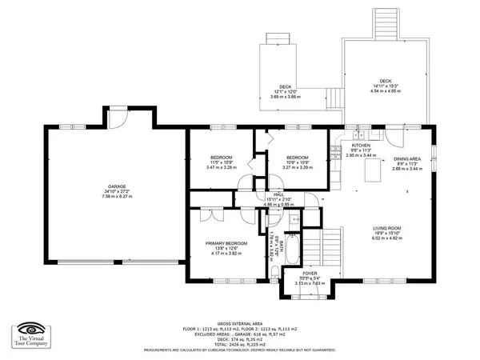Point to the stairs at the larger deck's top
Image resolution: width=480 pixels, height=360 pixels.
pyautogui.click(x=386, y=19)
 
